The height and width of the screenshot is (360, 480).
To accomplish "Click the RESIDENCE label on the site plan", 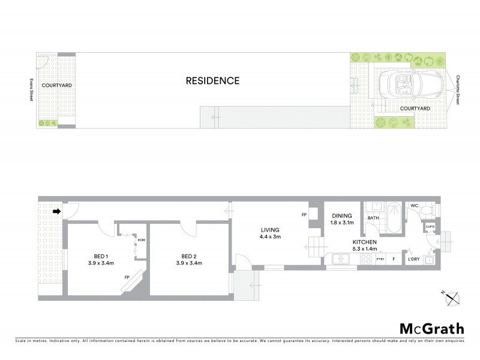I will point(212,80).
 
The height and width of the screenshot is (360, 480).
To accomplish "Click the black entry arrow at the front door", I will point(57,211).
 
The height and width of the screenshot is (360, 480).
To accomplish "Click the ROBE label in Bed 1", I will point(142,239).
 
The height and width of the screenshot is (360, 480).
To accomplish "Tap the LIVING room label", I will point(270,229).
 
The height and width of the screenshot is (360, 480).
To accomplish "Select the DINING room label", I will point(342,216).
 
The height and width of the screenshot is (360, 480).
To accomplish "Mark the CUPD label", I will point(430,227).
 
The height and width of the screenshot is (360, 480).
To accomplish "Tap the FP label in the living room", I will point(304,214).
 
